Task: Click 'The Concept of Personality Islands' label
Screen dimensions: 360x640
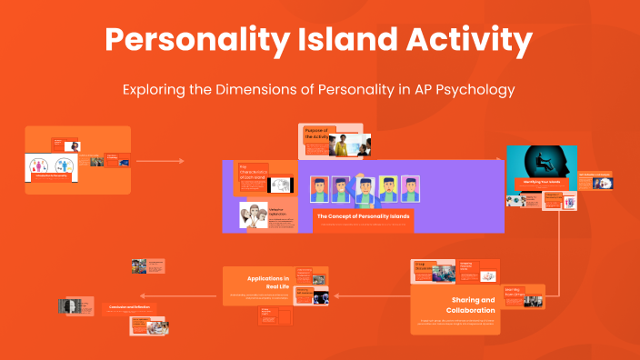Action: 363,216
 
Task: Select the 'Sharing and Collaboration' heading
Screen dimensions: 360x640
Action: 473,304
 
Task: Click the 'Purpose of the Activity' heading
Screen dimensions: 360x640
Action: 316,134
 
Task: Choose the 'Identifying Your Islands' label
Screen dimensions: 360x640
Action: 541,182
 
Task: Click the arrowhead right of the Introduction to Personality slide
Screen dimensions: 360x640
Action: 181,161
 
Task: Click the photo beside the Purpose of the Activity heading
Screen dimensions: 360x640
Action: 349,145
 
